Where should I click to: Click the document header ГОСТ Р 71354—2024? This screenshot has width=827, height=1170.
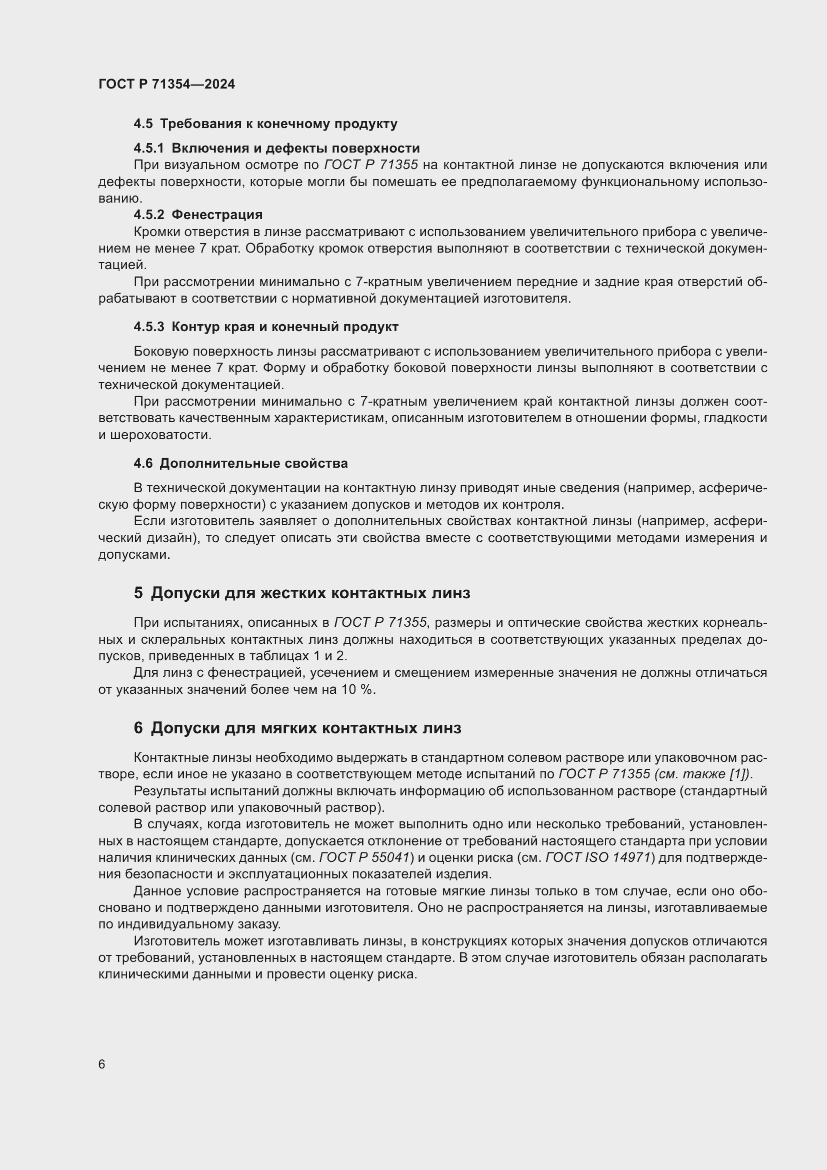coord(166,84)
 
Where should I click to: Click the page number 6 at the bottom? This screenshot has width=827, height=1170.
coord(102,1064)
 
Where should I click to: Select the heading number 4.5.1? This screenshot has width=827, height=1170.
coord(148,148)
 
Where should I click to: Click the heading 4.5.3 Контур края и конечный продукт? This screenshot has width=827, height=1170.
coord(266,327)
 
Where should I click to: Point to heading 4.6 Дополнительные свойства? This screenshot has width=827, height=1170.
coord(240,463)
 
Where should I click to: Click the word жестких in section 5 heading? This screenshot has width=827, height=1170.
coord(295,593)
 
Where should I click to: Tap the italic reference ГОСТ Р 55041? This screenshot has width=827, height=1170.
coord(364,857)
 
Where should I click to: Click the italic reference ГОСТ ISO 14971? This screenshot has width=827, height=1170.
coord(598,857)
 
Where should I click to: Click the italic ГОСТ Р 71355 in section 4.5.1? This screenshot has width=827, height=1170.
coord(370,165)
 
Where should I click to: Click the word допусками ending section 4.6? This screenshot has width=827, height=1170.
coord(133,554)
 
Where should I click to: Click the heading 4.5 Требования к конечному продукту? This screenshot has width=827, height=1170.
coord(265,124)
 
